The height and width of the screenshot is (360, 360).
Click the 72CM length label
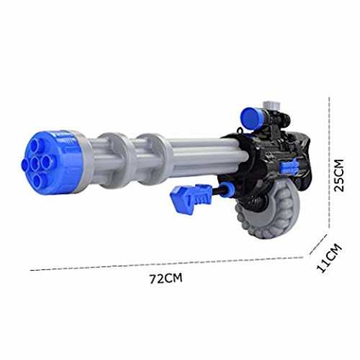(x=166, y=278)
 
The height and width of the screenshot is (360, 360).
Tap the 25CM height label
(x=339, y=175)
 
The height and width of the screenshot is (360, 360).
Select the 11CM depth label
(x=329, y=258)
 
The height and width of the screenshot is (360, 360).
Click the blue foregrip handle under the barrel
(x=192, y=199)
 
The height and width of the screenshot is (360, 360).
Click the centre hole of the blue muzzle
(x=35, y=163)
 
